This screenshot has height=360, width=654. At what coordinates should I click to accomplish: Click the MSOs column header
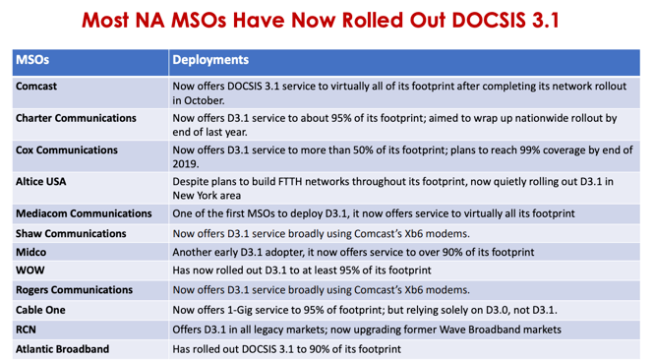click(x=32, y=60)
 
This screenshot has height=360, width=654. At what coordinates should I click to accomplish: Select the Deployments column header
click(x=210, y=60)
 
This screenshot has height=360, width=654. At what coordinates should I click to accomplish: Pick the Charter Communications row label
click(x=76, y=118)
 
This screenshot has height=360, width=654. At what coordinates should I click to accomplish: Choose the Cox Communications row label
click(x=67, y=150)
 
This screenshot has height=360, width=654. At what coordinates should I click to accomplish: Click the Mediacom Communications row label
click(x=82, y=213)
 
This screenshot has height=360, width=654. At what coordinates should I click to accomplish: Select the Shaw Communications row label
click(x=71, y=233)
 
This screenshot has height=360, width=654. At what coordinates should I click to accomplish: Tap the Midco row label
click(x=32, y=252)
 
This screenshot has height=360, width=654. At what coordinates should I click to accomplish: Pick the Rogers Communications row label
click(x=74, y=290)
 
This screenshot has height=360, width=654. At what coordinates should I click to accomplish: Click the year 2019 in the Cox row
click(x=185, y=164)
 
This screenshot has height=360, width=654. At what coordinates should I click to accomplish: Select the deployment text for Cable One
click(x=364, y=310)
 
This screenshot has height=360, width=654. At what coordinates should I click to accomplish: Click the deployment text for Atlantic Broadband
click(x=286, y=348)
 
